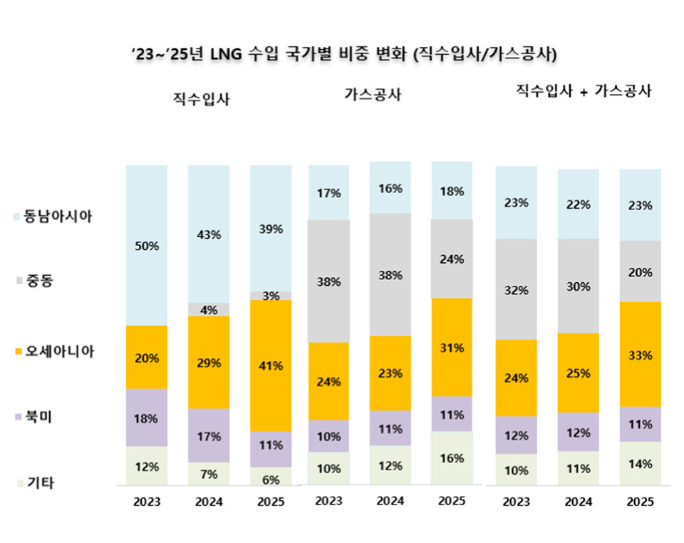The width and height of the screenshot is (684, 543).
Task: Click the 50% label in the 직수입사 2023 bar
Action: pyautogui.click(x=147, y=246)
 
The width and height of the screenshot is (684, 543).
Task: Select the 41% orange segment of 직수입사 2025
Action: pyautogui.click(x=271, y=366)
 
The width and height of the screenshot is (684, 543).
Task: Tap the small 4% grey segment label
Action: pyautogui.click(x=209, y=310)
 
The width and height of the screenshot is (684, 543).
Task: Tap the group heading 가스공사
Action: pyautogui.click(x=373, y=95)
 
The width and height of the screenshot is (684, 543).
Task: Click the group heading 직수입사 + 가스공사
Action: pyautogui.click(x=584, y=92)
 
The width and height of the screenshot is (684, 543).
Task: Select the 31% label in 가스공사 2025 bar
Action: pyautogui.click(x=452, y=348)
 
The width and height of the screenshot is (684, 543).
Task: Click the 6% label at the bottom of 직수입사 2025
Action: pyautogui.click(x=271, y=480)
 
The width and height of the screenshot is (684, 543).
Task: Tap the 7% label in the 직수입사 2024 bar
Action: pyautogui.click(x=209, y=474)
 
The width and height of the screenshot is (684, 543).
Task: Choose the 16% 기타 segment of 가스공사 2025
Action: pyautogui.click(x=452, y=458)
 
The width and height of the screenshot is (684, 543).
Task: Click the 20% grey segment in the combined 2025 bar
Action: pyautogui.click(x=641, y=271)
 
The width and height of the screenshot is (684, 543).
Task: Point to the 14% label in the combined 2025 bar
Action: pyautogui.click(x=641, y=464)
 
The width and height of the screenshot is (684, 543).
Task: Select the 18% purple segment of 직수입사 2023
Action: pyautogui.click(x=147, y=418)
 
